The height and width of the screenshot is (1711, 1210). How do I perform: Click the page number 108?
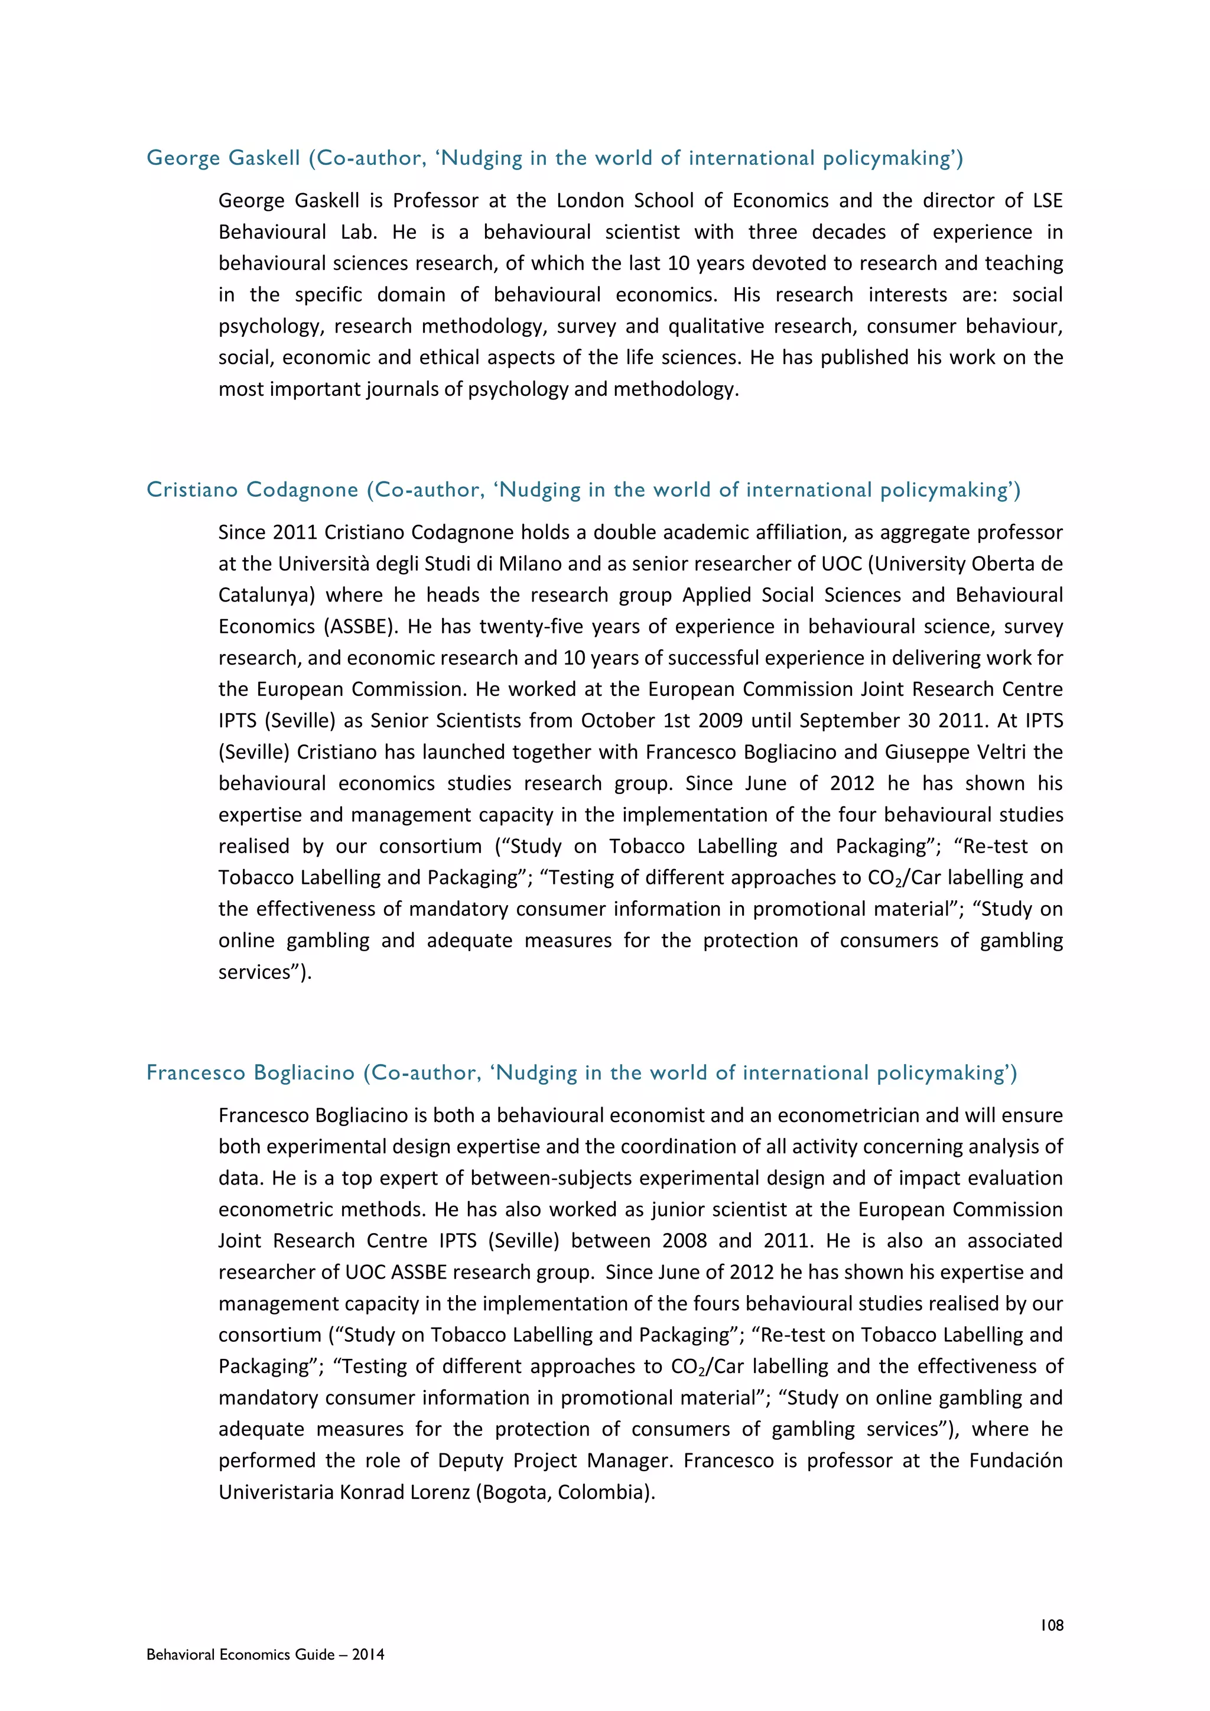[x=1051, y=1625]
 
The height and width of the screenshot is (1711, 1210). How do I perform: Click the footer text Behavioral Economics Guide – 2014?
[x=265, y=1654]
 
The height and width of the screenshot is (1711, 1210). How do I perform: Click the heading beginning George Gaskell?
[x=554, y=158]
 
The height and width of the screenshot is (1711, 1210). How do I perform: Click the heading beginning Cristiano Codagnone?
[x=583, y=490]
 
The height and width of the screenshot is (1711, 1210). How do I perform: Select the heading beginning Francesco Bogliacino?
[x=581, y=1072]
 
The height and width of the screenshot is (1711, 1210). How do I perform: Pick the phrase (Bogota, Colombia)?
[x=565, y=1492]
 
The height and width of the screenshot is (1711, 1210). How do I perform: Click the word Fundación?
[x=1016, y=1460]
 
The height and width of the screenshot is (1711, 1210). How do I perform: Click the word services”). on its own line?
[x=265, y=972]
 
